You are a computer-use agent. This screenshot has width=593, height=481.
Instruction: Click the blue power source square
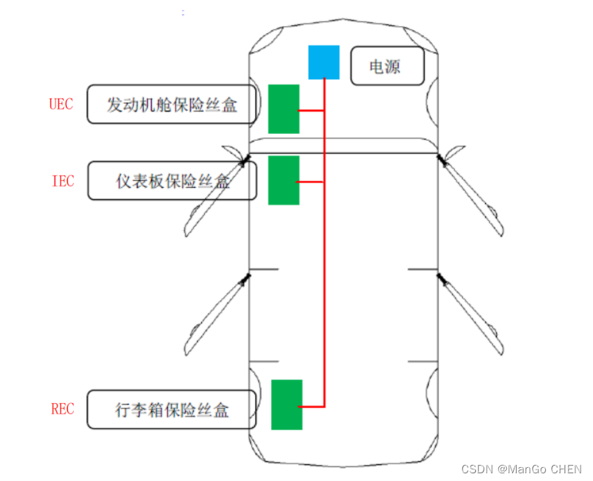[323, 62]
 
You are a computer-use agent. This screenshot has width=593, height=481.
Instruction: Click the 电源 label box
[387, 66]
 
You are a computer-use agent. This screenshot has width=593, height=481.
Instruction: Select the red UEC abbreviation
[62, 104]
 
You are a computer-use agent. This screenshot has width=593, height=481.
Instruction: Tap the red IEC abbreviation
[62, 182]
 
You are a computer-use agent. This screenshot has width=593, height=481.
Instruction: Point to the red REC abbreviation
[62, 409]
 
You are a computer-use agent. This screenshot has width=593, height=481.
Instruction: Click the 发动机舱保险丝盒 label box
[171, 104]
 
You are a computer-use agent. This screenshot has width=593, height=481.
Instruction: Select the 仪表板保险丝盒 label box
[171, 182]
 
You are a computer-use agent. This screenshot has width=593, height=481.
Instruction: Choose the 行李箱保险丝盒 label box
[171, 409]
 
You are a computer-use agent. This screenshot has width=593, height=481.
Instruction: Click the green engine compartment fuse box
[283, 109]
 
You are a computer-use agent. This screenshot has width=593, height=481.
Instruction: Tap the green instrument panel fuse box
[283, 180]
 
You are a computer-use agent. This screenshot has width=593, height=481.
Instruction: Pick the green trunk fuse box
[286, 404]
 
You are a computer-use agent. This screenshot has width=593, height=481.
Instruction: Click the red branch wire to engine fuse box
[311, 112]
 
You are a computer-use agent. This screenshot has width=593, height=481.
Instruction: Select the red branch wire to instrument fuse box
[311, 182]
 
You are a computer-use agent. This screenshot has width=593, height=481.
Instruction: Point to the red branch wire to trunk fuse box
[313, 406]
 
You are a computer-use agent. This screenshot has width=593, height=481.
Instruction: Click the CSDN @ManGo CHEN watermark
[521, 469]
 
